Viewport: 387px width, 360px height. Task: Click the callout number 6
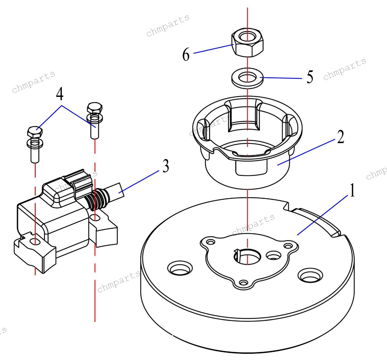(x=186, y=55)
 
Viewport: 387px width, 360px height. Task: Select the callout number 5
(x=309, y=77)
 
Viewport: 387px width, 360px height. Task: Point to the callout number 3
(x=165, y=167)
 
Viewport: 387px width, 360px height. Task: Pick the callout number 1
(x=352, y=191)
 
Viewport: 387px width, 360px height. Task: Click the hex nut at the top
(x=248, y=44)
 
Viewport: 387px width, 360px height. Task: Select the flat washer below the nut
(x=248, y=78)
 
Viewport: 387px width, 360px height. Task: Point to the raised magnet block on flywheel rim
(x=316, y=221)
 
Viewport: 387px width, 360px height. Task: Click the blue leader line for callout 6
(x=213, y=49)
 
